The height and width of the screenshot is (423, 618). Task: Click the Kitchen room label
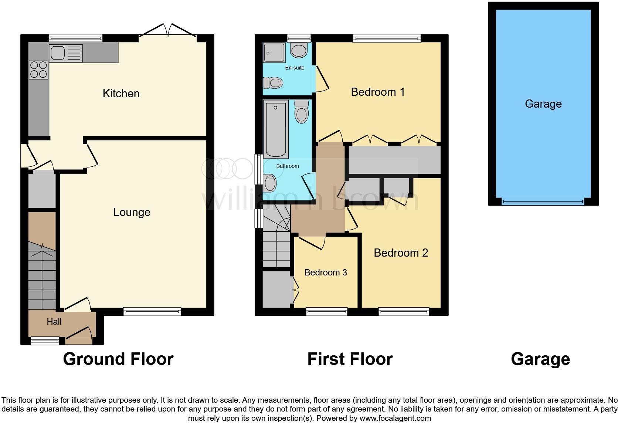[x=121, y=93]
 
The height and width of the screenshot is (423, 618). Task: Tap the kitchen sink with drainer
[x=65, y=53]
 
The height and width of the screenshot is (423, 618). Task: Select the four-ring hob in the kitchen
[x=38, y=70]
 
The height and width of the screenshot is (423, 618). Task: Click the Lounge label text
[x=132, y=212]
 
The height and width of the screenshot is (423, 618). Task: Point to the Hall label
[x=54, y=322]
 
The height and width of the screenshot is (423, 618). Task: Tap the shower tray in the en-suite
[x=274, y=53]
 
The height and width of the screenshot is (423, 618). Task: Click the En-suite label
[x=295, y=68]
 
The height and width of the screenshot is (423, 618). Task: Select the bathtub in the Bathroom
[x=276, y=129]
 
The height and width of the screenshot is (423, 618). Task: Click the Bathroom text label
[x=287, y=166]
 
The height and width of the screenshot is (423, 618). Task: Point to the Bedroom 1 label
[x=377, y=92]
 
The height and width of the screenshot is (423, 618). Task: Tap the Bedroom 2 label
[x=401, y=253]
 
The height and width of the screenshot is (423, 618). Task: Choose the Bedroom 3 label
[x=325, y=273]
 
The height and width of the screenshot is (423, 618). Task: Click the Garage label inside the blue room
[x=543, y=104]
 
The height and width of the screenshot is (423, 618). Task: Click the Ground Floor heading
[x=118, y=359]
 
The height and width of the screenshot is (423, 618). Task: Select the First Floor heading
[x=350, y=359]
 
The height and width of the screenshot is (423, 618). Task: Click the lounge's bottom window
[x=152, y=311]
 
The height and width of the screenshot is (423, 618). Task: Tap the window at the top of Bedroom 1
[x=387, y=38]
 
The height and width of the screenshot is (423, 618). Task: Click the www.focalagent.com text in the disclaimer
[x=395, y=418]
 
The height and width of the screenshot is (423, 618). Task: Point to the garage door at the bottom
[x=543, y=202]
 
